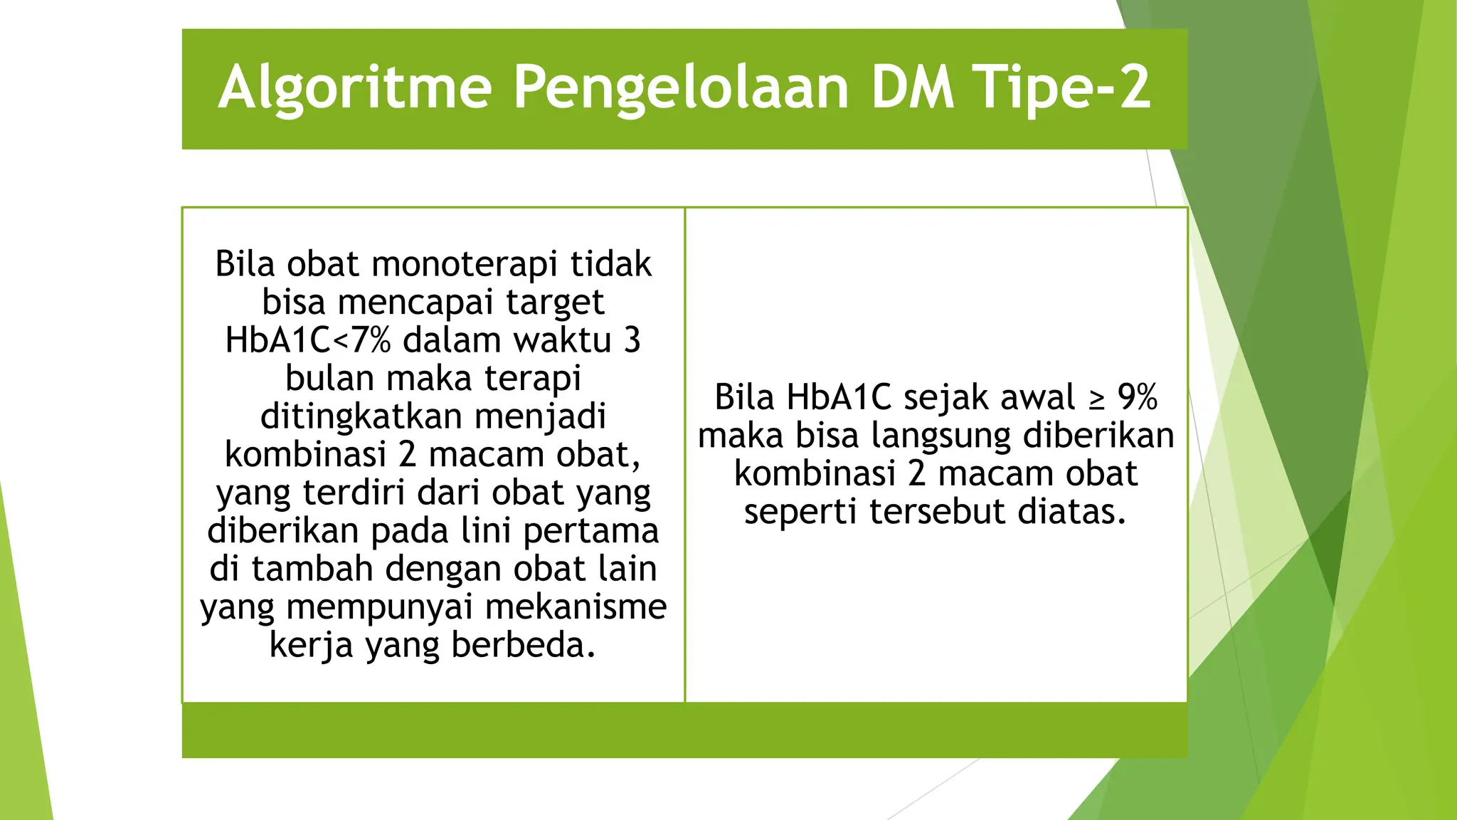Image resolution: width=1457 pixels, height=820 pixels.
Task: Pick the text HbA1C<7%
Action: coord(307,340)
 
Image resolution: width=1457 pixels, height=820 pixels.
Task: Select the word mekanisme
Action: coord(576,607)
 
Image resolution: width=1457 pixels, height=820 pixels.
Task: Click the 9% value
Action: coord(1137,397)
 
